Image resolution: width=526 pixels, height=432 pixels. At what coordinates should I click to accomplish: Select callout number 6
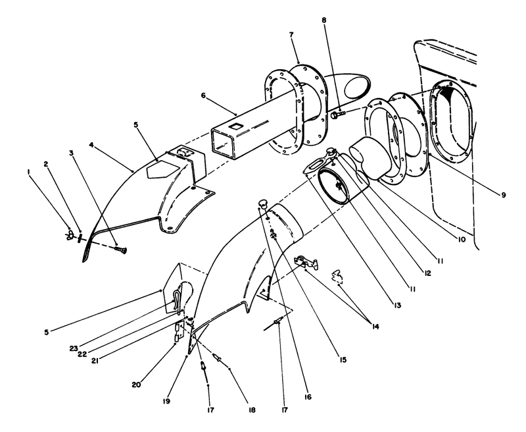(x=203, y=95)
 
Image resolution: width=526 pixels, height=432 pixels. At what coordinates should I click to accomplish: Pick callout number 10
(x=462, y=239)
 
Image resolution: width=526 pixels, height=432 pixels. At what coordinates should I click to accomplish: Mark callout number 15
(x=343, y=360)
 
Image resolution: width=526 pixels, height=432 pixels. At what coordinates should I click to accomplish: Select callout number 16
(x=308, y=397)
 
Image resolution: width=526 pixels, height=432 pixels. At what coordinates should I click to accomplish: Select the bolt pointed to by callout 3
(x=120, y=248)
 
